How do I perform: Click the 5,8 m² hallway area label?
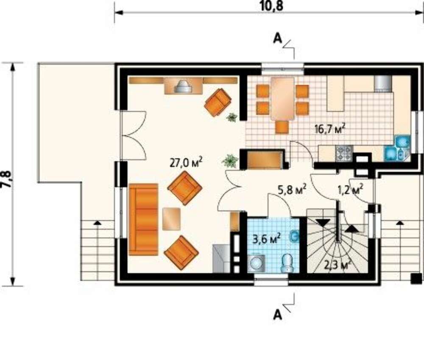pyautogui.click(x=292, y=189)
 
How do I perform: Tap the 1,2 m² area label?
pyautogui.click(x=350, y=189)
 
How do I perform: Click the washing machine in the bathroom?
pyautogui.click(x=256, y=263)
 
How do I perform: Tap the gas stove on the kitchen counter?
pyautogui.click(x=344, y=153)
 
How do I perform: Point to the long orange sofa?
pyautogui.click(x=143, y=219)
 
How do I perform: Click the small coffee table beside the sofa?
pyautogui.click(x=171, y=219)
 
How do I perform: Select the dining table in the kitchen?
pyautogui.click(x=282, y=99)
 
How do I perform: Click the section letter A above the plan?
pyautogui.click(x=277, y=39)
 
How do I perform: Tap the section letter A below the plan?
pyautogui.click(x=277, y=315)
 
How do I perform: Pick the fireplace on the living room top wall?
pyautogui.click(x=184, y=86)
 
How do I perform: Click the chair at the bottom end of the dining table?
pyautogui.click(x=282, y=127)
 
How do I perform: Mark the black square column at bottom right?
pyautogui.click(x=416, y=278)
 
